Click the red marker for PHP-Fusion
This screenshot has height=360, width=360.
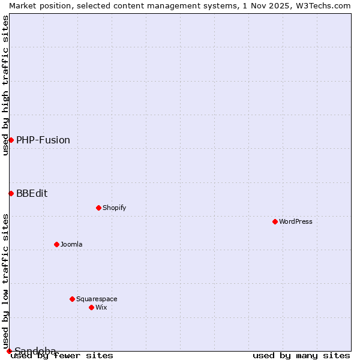click(x=11, y=140)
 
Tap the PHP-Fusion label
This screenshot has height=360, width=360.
click(x=43, y=140)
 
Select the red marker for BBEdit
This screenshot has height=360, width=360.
click(x=11, y=193)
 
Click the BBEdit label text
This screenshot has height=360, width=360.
click(x=32, y=194)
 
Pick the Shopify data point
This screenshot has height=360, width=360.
click(x=98, y=208)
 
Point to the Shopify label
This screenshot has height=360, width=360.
click(x=114, y=208)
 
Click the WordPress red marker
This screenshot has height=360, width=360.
click(x=275, y=221)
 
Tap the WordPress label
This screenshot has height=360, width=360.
click(x=295, y=222)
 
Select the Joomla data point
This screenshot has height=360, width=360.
click(x=56, y=244)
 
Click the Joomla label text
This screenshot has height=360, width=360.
click(x=71, y=245)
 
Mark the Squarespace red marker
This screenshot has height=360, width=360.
click(x=72, y=299)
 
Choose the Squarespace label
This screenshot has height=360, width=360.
click(x=97, y=299)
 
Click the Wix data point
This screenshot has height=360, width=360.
click(x=91, y=307)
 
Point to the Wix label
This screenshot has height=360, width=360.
click(x=101, y=308)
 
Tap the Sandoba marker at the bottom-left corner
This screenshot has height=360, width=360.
click(x=9, y=351)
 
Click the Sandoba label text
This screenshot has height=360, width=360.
click(x=35, y=351)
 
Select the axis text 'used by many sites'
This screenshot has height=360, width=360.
click(x=301, y=356)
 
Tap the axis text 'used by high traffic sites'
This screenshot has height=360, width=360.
click(x=5, y=85)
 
